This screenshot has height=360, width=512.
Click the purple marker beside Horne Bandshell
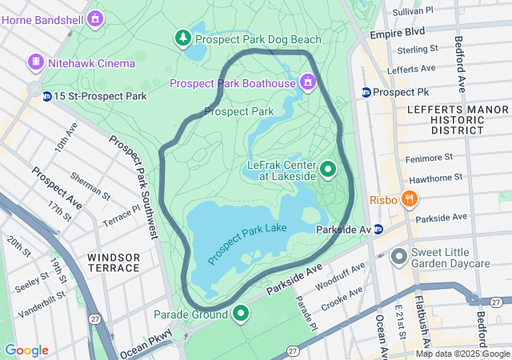point(96,17)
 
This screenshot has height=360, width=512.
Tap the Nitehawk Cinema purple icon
point(35,61)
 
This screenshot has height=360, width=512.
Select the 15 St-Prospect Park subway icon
point(47,96)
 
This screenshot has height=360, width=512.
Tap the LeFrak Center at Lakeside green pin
point(328,169)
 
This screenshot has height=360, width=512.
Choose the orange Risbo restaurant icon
point(409,198)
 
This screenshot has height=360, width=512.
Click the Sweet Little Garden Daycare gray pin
point(399,258)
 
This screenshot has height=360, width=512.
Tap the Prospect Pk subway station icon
point(366,92)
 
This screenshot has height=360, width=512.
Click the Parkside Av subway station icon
point(378,229)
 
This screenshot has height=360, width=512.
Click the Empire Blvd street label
point(397,34)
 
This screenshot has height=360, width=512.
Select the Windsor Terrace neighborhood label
point(114,262)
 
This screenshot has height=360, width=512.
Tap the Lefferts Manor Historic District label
point(446,118)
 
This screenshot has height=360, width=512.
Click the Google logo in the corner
point(26,350)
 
